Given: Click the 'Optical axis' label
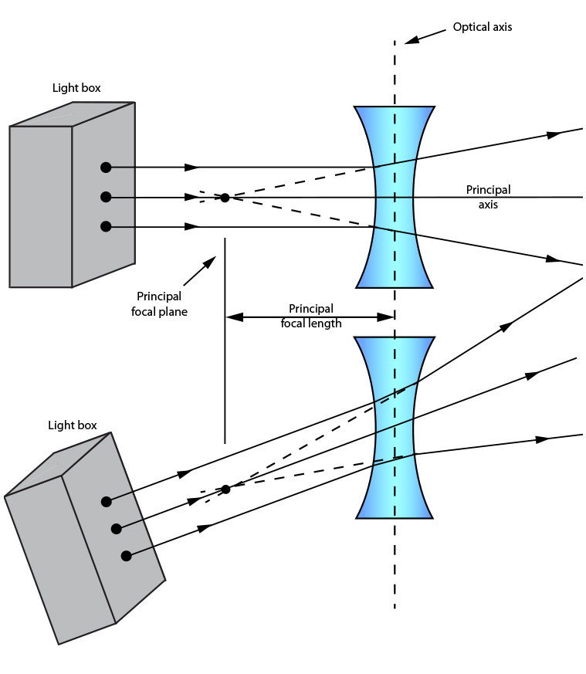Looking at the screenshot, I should [x=482, y=27].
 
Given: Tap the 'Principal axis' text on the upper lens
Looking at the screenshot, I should [x=488, y=197].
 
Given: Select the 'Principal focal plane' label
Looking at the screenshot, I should [x=159, y=304].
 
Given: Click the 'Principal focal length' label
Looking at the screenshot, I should [x=310, y=316].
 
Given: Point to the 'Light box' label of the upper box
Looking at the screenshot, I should [x=76, y=88].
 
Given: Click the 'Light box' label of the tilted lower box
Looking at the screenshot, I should [x=73, y=425].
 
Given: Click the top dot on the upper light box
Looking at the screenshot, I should [x=106, y=167].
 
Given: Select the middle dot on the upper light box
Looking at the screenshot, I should [x=106, y=197].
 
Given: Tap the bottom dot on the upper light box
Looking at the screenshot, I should [x=106, y=226].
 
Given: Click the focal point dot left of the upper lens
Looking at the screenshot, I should [x=225, y=198].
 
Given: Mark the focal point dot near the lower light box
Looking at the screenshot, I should [x=225, y=489].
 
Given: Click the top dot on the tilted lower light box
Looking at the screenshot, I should [x=106, y=502].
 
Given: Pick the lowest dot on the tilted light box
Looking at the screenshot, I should [x=127, y=555].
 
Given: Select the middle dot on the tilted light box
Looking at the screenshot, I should [x=117, y=529].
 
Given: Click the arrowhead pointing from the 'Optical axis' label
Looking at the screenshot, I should [x=412, y=39].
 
